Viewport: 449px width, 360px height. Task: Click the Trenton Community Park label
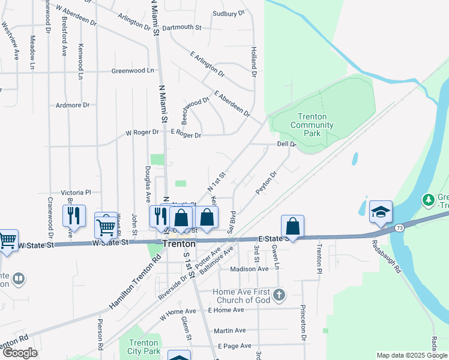click(x=312, y=125)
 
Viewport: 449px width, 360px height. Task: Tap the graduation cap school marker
click(x=381, y=212)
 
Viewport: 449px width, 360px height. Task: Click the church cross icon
click(x=279, y=295)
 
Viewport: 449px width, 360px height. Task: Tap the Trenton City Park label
click(x=144, y=346)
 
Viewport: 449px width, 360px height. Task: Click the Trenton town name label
click(x=178, y=244)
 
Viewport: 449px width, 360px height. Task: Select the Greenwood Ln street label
click(x=133, y=71)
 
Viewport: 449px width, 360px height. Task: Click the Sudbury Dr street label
click(x=229, y=13)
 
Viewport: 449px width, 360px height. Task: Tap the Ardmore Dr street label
click(x=72, y=105)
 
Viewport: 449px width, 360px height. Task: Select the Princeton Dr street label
click(x=304, y=325)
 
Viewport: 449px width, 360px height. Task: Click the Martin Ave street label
click(x=230, y=331)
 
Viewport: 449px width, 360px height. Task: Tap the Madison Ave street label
click(x=250, y=269)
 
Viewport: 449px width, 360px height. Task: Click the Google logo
click(x=20, y=353)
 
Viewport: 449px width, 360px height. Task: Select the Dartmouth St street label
click(x=181, y=27)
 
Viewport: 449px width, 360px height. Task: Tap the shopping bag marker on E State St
click(x=292, y=227)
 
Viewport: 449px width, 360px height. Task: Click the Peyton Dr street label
click(x=266, y=184)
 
